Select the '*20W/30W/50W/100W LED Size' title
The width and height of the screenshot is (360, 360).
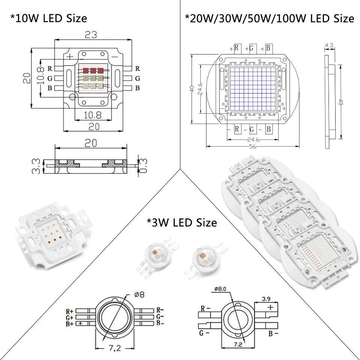click(269, 18)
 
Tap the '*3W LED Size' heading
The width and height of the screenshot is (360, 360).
click(182, 222)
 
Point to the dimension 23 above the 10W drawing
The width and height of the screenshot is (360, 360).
click(91, 34)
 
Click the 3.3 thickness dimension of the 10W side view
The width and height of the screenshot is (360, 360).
click(36, 165)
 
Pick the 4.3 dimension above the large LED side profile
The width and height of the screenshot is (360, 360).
click(329, 46)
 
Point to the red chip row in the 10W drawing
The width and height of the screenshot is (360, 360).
click(92, 70)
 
